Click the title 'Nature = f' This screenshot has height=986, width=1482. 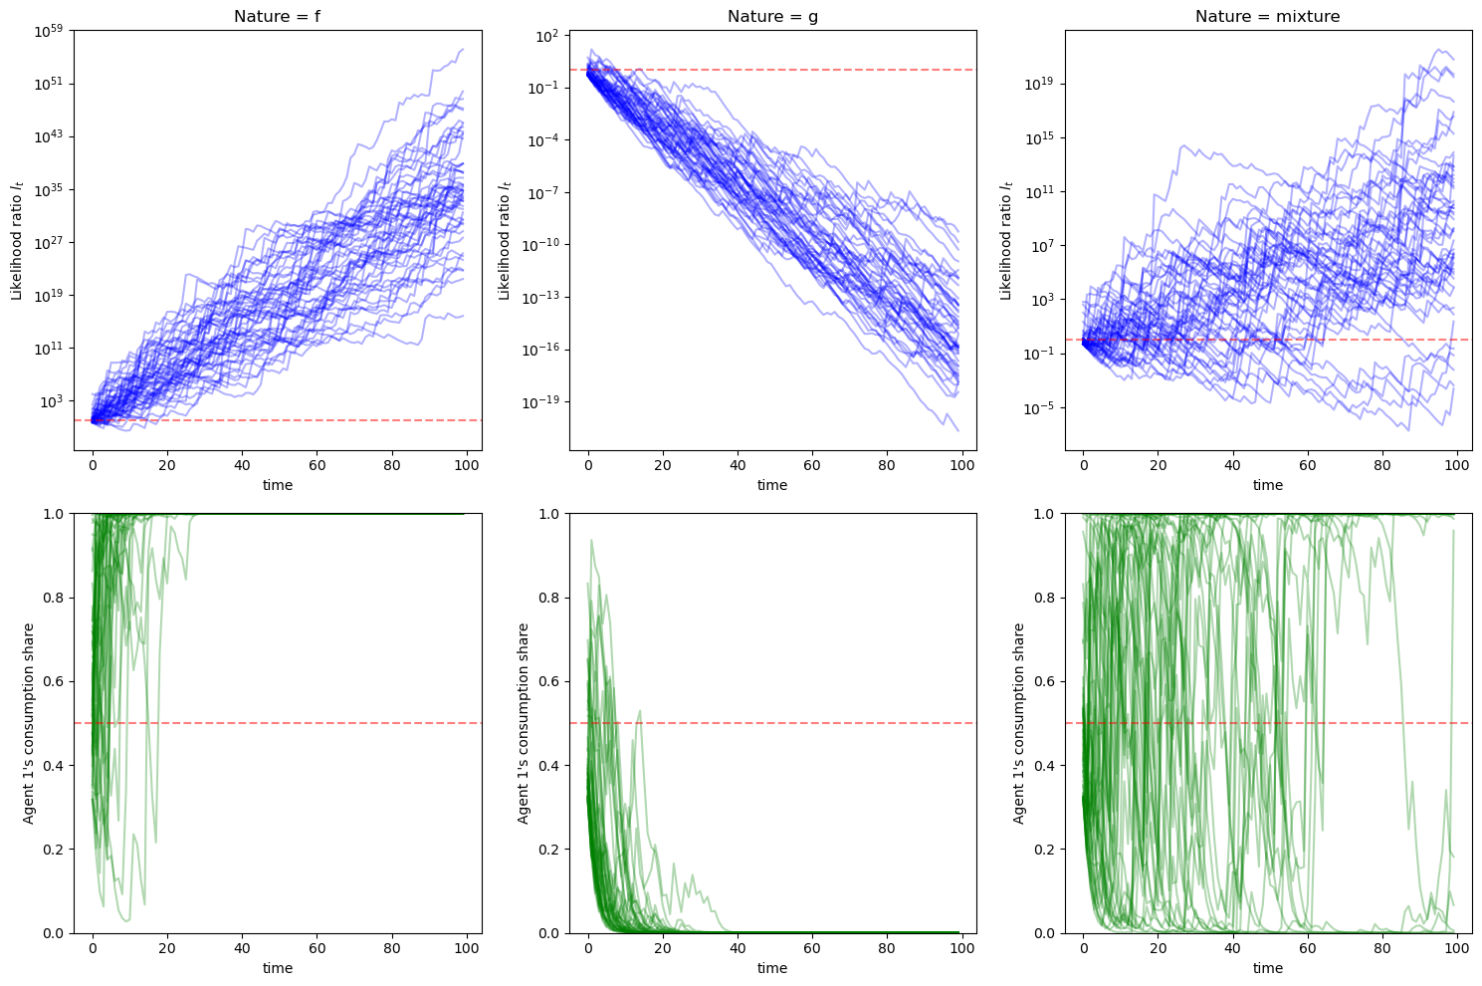coord(277,16)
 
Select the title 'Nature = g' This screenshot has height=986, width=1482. coord(772,16)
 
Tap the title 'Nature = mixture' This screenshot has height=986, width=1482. coord(1267,16)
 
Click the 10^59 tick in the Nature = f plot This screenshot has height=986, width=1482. coord(49,30)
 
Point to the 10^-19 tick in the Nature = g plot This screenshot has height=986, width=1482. coord(541,402)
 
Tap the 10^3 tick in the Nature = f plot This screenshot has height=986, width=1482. coord(52,401)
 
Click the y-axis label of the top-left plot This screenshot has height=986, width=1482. coord(17,239)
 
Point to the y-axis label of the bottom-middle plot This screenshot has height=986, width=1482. coord(524,723)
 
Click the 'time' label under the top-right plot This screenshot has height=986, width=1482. coord(1267,485)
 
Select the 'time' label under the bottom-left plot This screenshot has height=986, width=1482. coord(277,968)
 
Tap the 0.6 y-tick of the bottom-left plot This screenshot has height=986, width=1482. coord(56,681)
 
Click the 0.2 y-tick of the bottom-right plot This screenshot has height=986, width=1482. coord(1046,850)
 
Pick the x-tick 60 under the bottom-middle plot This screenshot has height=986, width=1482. coord(812,947)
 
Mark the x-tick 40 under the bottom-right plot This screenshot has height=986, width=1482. coord(1233,947)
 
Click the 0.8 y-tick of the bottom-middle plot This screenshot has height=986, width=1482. coord(550,598)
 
